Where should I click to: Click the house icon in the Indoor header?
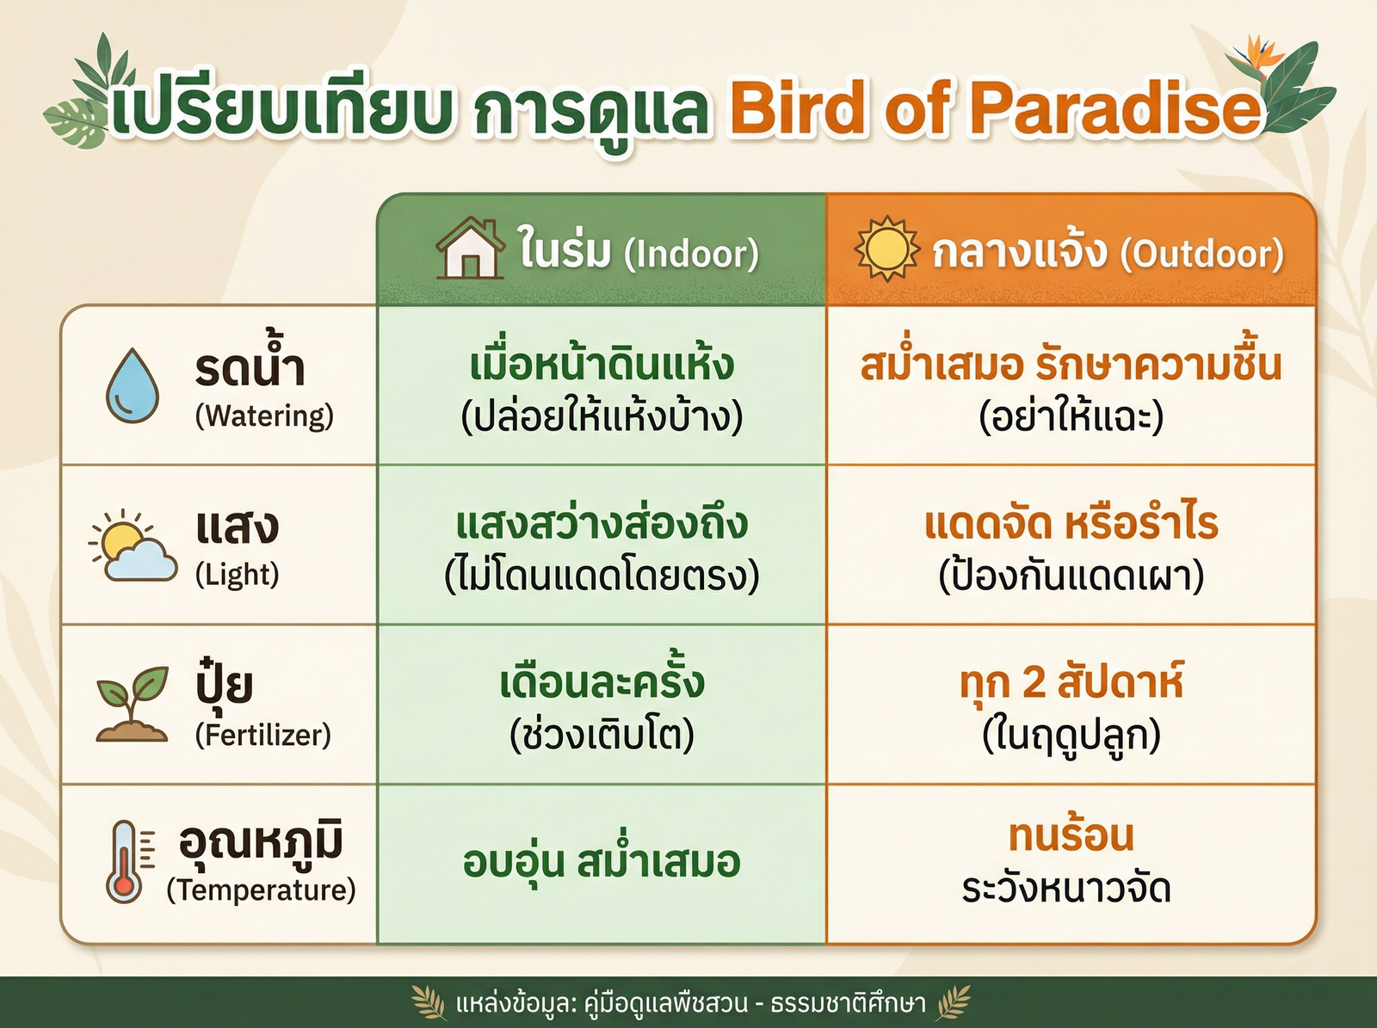tap(470, 249)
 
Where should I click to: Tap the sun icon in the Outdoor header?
tap(886, 249)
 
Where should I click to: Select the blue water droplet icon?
tap(133, 385)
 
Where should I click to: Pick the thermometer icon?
tap(126, 861)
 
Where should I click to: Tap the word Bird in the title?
tap(797, 109)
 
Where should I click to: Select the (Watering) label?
tap(264, 416)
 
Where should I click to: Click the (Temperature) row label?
tap(261, 889)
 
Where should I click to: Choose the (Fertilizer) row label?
tap(262, 736)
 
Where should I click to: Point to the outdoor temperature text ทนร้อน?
tap(1071, 835)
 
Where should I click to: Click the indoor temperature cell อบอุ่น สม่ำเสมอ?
tap(602, 863)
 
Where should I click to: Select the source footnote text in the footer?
tap(691, 1003)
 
